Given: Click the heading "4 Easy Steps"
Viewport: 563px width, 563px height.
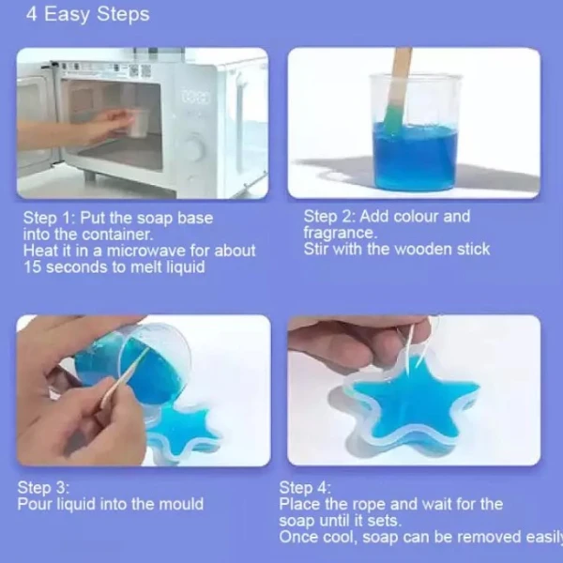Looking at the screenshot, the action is [x=87, y=15].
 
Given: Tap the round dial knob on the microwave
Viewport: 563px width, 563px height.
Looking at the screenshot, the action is [x=194, y=146].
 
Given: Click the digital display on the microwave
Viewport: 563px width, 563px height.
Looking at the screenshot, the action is [x=195, y=97].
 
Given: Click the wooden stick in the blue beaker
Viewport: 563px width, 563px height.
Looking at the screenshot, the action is [x=397, y=90].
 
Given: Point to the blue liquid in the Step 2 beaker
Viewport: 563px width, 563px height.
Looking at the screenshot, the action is [x=415, y=156].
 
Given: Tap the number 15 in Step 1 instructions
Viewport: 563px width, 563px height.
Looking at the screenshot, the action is [x=32, y=267].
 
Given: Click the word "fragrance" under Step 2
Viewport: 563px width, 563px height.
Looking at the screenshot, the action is [x=339, y=234].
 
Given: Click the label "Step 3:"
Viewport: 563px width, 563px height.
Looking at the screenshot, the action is [x=43, y=488].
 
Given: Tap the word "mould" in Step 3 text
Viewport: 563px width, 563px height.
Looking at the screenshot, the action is [x=180, y=504].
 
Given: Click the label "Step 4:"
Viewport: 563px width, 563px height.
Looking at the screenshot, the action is [x=305, y=488].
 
